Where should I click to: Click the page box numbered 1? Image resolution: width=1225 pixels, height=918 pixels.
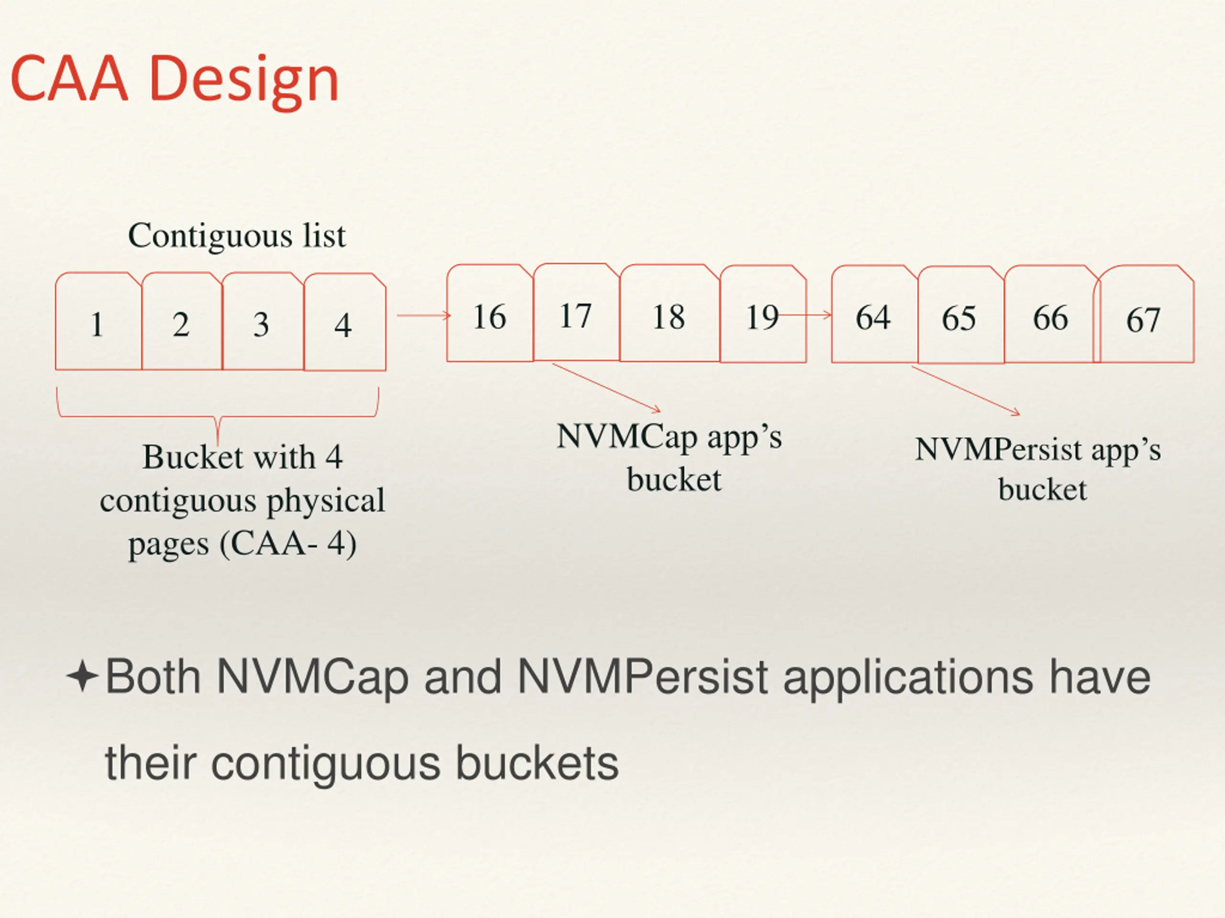pyautogui.click(x=98, y=322)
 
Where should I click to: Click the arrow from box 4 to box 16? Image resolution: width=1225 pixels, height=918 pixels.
pyautogui.click(x=423, y=316)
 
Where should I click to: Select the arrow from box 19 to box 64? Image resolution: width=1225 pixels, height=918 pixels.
pyautogui.click(x=806, y=316)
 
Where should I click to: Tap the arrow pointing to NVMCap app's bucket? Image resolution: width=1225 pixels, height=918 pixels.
pyautogui.click(x=606, y=387)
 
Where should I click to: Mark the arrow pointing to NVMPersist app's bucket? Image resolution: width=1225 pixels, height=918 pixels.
pyautogui.click(x=965, y=390)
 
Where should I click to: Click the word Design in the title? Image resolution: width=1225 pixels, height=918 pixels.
pyautogui.click(x=244, y=80)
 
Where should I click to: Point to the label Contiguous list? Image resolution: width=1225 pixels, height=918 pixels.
pyautogui.click(x=236, y=236)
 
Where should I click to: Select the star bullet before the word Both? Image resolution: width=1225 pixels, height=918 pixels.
pyautogui.click(x=82, y=676)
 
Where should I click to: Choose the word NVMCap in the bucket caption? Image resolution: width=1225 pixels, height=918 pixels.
pyautogui.click(x=626, y=437)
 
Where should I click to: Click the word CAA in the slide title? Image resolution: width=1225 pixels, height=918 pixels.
pyautogui.click(x=69, y=80)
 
